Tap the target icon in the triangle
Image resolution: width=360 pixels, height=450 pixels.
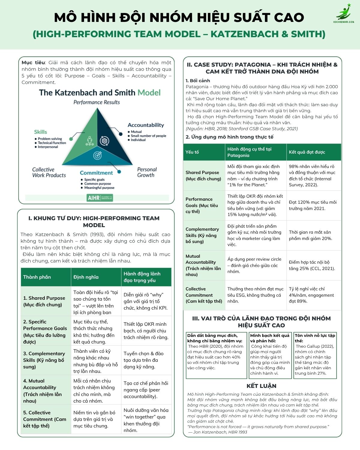click(97, 155)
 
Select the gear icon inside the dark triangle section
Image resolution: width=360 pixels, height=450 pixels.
click(104, 140)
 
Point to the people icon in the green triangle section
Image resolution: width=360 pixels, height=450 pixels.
click(89, 141)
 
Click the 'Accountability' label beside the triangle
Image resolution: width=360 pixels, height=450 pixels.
click(146, 125)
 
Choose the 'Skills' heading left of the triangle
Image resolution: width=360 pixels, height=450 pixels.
click(40, 132)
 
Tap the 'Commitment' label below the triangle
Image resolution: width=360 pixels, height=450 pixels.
click(96, 173)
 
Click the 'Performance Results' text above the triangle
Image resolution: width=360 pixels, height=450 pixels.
click(97, 102)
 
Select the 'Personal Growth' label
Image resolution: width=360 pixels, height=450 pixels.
click(146, 172)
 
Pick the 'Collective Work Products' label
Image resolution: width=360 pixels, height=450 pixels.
click(49, 172)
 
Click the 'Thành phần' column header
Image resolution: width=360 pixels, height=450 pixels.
click(37, 277)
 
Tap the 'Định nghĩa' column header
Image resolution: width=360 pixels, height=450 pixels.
click(86, 277)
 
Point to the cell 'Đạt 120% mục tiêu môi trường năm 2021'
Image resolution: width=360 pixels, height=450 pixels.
click(313, 205)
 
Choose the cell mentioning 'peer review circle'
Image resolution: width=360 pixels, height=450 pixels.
click(254, 265)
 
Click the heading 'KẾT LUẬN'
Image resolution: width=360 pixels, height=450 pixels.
click(261, 386)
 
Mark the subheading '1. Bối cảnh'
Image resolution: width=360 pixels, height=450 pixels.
click(198, 80)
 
